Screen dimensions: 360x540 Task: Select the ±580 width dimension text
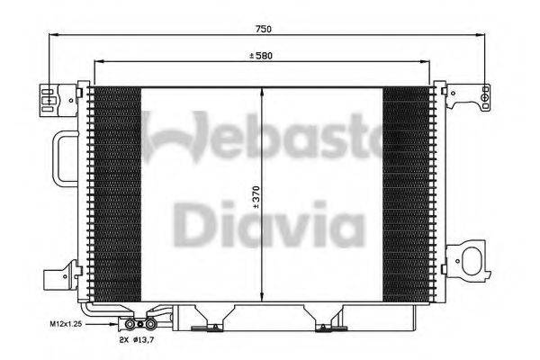point(261,56)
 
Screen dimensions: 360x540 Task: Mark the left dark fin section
point(117,194)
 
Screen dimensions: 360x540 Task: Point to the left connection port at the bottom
point(133,324)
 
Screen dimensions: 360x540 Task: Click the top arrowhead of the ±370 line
point(262,91)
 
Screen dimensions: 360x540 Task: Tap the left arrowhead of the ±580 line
point(96,62)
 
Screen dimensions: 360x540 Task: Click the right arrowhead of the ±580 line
point(428,62)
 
